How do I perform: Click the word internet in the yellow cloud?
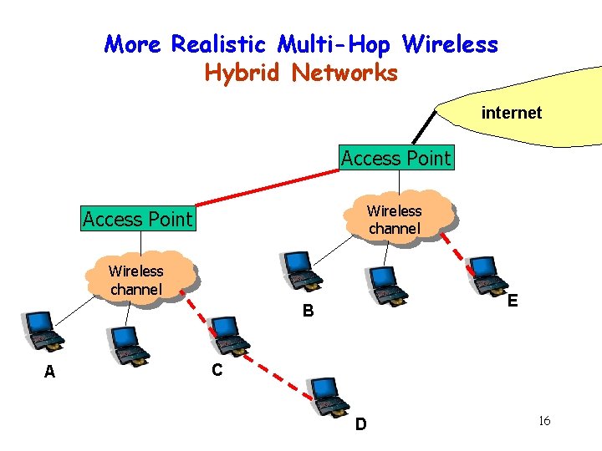[511, 113]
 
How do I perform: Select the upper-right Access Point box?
[395, 158]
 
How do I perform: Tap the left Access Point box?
[137, 219]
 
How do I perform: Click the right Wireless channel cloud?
[395, 220]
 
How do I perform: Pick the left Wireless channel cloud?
[136, 279]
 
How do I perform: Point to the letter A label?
[49, 372]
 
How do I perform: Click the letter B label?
[309, 312]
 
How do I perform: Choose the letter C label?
[217, 369]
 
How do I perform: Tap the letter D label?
[360, 424]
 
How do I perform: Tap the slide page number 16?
[544, 420]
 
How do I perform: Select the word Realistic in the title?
[221, 43]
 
